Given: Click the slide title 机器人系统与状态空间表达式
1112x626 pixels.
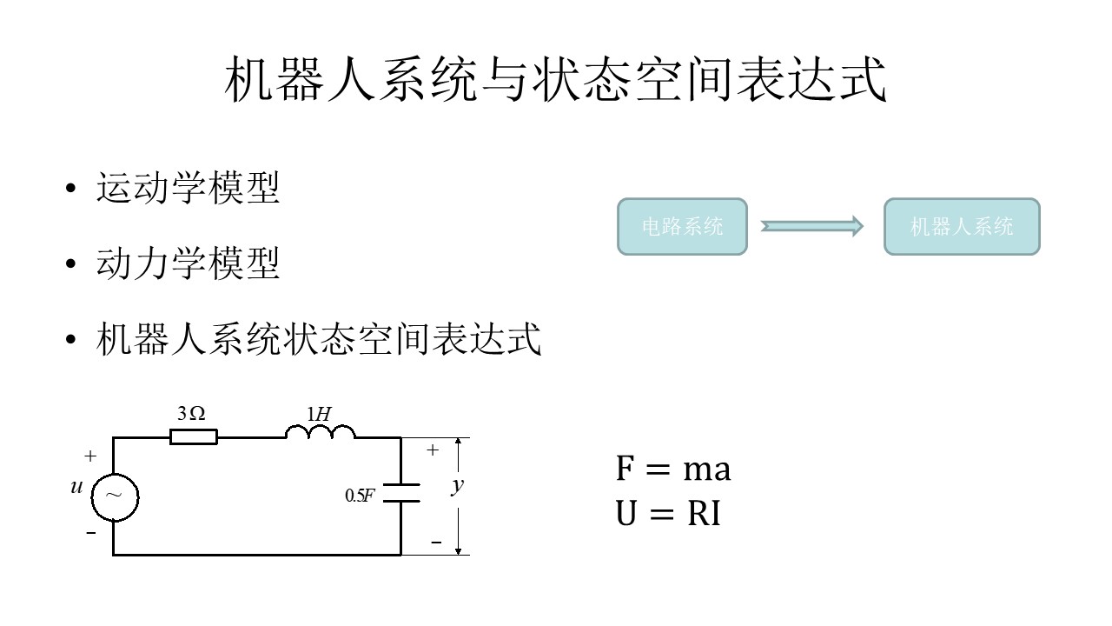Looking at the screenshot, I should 556,80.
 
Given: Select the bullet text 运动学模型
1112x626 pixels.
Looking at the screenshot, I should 188,189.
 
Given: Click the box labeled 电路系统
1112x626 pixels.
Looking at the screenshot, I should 682,227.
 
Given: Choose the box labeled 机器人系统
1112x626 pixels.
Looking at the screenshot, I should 962,227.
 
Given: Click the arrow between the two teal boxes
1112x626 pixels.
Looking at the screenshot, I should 811,226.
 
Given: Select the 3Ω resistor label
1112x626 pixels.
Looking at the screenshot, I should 191,415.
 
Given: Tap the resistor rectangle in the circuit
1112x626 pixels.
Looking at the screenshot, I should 193,436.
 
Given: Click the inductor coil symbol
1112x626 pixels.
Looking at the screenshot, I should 320,432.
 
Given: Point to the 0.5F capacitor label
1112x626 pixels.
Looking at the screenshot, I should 360,496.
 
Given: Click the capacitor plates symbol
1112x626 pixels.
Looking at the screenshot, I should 400,492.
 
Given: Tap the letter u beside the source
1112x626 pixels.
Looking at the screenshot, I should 76,488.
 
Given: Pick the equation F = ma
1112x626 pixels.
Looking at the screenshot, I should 673,469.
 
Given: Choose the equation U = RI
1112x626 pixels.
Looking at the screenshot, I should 668,515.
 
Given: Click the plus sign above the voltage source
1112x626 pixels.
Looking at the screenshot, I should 90,456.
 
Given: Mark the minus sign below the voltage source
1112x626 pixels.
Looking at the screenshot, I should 91,533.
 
